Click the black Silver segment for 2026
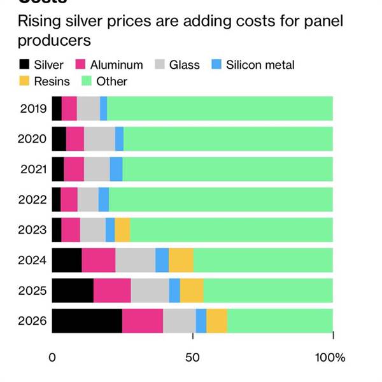tap(87, 320)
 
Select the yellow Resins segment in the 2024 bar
tap(181, 260)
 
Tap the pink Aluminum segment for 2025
tap(112, 290)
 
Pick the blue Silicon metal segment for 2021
tap(116, 169)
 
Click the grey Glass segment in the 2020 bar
tap(99, 139)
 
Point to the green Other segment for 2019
tap(220, 108)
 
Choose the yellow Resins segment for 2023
tap(122, 229)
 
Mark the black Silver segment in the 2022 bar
tap(56, 199)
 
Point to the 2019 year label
tap(33, 108)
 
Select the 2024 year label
tap(33, 260)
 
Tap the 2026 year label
tap(33, 320)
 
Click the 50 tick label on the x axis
tap(192, 357)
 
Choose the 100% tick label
tap(331, 357)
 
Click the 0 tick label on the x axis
tap(52, 357)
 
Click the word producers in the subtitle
tap(54, 41)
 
